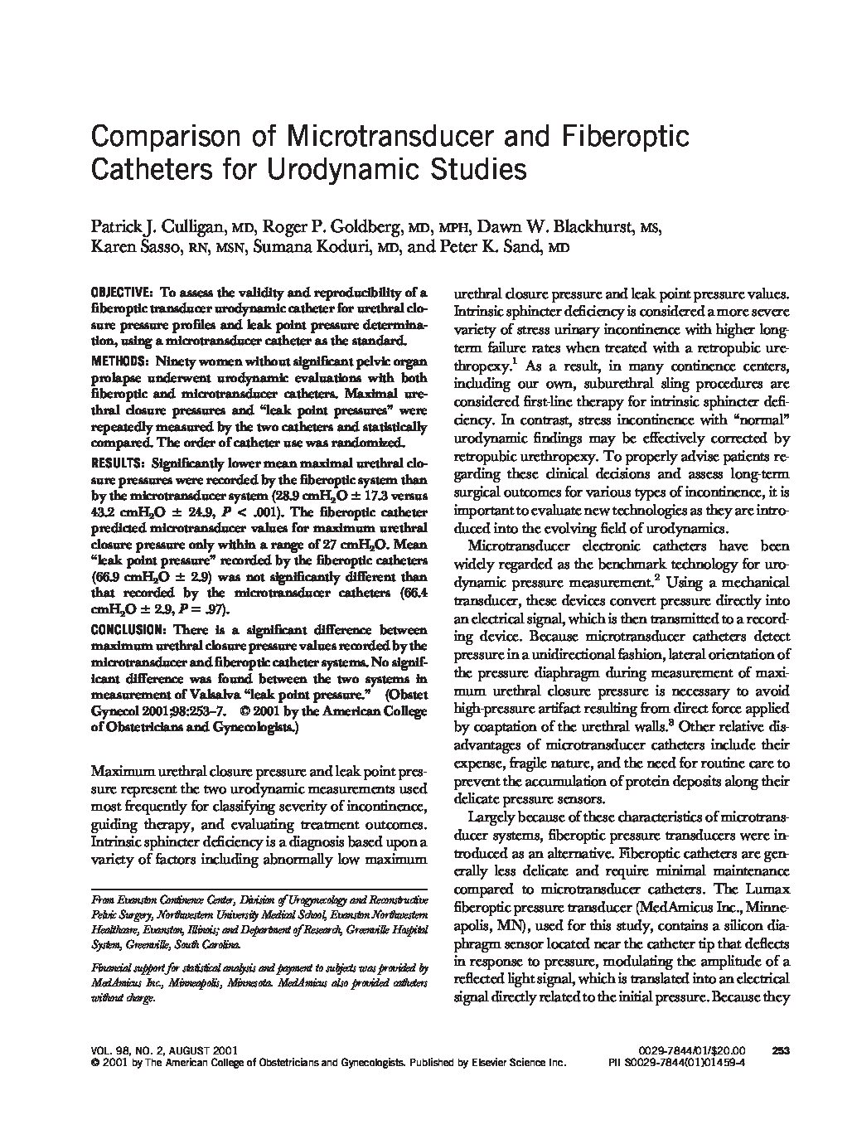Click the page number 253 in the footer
[x=779, y=1049]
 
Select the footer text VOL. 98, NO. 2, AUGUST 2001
[x=150, y=1049]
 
